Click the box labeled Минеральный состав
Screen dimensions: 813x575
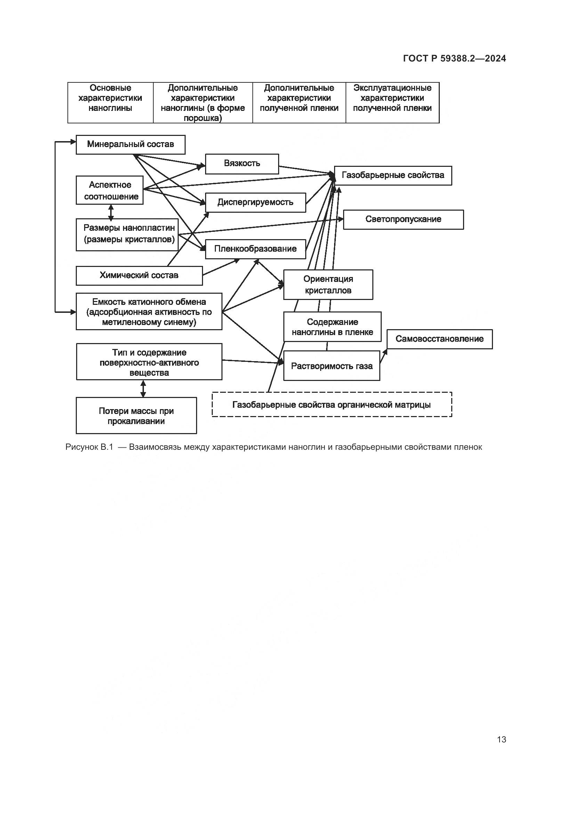(130, 145)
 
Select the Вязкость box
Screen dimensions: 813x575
(242, 164)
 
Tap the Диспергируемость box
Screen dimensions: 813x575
(255, 203)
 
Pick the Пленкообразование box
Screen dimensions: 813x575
(255, 249)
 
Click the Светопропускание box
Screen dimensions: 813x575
(403, 220)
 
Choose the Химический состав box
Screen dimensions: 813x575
(139, 276)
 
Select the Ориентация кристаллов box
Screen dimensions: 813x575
(328, 285)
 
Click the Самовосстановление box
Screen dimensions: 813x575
(439, 339)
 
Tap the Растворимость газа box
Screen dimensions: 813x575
(331, 366)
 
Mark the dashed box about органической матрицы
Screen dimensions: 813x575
(332, 405)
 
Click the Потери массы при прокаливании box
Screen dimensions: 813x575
(136, 416)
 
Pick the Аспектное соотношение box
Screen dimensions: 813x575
(110, 190)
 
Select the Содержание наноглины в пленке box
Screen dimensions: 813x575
(332, 327)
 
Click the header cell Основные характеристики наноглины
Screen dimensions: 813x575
(110, 98)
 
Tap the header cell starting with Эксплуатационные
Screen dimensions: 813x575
(392, 98)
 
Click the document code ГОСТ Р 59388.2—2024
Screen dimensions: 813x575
(455, 59)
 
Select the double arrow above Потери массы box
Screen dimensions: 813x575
(143, 389)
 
